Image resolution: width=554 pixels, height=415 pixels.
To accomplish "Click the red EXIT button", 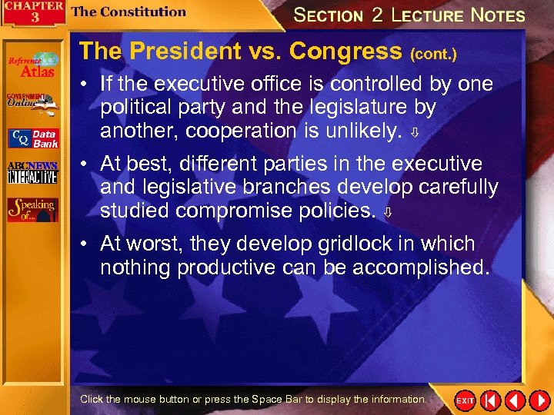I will click(x=466, y=400).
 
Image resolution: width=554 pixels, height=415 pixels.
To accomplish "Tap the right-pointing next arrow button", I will click(x=539, y=400).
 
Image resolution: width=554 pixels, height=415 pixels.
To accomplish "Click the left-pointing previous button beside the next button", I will click(x=515, y=400).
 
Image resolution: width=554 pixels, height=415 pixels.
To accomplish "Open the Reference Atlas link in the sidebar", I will click(x=32, y=65).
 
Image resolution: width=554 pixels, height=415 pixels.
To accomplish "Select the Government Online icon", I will click(x=32, y=101).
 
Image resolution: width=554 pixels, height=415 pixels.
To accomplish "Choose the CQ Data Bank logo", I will click(x=32, y=138).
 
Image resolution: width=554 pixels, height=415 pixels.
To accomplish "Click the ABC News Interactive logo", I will click(x=32, y=174).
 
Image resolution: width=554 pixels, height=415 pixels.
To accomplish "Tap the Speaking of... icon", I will click(x=32, y=209).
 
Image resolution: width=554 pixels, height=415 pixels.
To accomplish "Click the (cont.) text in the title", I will click(x=433, y=55).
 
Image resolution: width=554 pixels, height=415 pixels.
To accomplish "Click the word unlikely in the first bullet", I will click(x=362, y=131).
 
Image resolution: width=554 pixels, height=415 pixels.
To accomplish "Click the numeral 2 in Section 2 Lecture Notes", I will click(x=376, y=15).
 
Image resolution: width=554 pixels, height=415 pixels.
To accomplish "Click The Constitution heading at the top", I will click(x=128, y=12).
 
